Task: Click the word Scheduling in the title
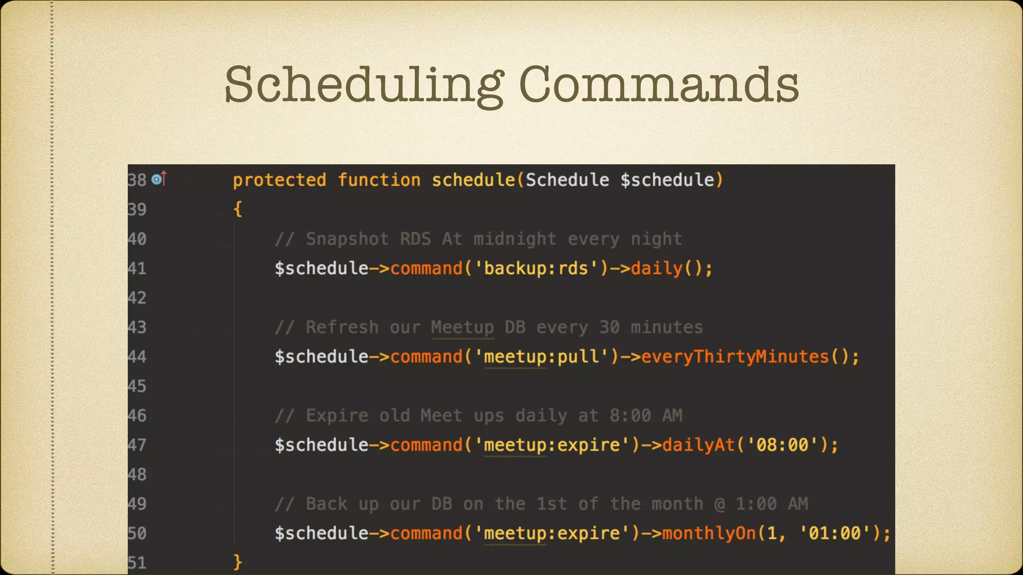click(x=364, y=85)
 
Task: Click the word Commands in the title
click(x=659, y=85)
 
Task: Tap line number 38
click(x=137, y=180)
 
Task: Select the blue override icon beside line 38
click(x=157, y=179)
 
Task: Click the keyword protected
click(x=279, y=180)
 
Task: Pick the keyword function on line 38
click(x=379, y=180)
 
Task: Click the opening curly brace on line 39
click(x=238, y=209)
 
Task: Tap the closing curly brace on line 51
click(x=238, y=562)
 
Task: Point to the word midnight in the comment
click(x=514, y=239)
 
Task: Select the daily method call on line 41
click(x=656, y=269)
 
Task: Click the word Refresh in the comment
click(x=342, y=327)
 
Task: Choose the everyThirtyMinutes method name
click(x=735, y=357)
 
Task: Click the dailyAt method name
click(x=698, y=445)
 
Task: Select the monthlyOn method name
click(x=709, y=533)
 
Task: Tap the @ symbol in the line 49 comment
click(x=719, y=504)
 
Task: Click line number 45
click(x=137, y=386)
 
